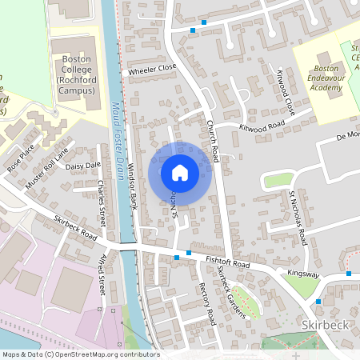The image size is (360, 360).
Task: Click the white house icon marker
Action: pos(179,173)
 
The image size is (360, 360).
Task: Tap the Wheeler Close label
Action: pos(152,70)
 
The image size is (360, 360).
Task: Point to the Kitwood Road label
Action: pos(262,126)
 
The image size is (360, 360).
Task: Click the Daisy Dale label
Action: pos(83,166)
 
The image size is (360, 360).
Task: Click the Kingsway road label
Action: pos(304,275)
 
